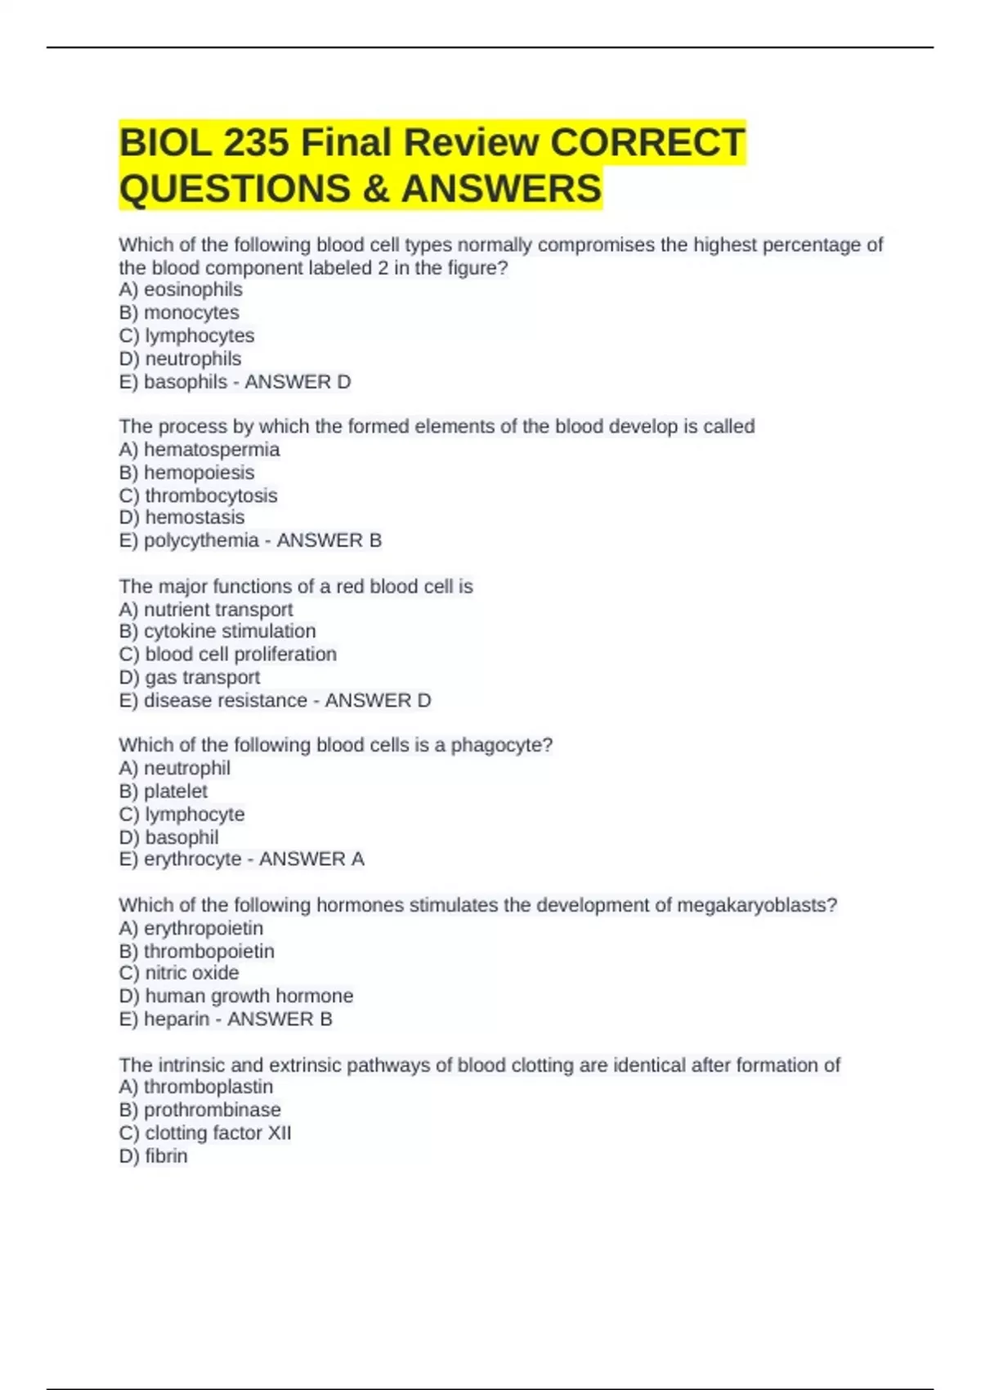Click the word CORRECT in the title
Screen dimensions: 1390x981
647,143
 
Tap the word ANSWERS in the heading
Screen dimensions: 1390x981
501,189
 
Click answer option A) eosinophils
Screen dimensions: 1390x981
181,289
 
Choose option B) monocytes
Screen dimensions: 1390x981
179,312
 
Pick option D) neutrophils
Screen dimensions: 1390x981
180,358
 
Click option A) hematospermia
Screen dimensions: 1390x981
199,449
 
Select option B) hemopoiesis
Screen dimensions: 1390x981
186,472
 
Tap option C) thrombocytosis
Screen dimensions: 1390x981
198,495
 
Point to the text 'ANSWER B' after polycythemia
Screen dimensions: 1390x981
329,540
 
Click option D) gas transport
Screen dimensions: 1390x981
190,677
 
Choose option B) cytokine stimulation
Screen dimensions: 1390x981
217,631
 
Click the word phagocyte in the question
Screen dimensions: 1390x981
501,745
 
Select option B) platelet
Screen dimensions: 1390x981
163,791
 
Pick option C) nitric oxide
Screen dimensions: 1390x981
179,973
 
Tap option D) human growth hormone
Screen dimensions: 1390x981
236,996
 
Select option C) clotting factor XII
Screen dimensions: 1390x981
205,1132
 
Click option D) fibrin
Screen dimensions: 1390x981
154,1155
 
